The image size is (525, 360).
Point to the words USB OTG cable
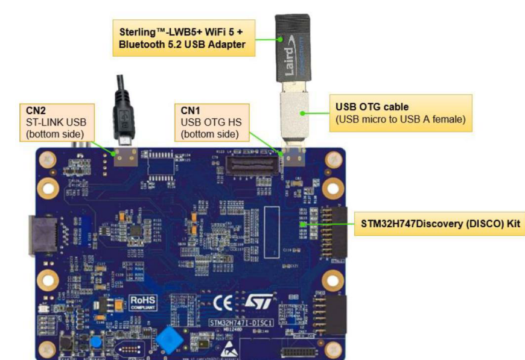[367, 107]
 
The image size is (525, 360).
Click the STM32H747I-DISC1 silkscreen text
[241, 322]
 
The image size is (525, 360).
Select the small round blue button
[95, 342]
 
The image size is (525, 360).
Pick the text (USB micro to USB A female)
[399, 119]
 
